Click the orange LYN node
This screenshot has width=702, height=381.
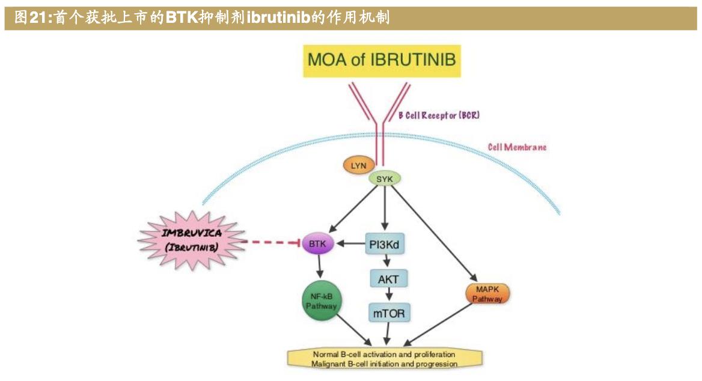coord(358,165)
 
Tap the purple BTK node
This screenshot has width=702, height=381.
coord(317,243)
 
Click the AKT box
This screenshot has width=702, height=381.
coord(388,278)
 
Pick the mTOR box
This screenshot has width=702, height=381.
coord(389,312)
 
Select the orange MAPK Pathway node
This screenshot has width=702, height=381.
coord(487,294)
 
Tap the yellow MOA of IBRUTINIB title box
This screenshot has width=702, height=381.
coord(382,60)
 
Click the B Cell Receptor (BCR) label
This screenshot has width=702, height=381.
coord(439,115)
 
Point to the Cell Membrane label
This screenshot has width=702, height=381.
coord(517,147)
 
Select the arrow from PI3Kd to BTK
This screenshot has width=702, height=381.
coord(351,243)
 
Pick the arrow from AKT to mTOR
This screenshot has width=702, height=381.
coord(389,295)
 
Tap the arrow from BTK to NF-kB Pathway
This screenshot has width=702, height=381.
coord(319,267)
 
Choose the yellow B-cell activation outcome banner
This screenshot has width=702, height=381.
coord(385,359)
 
